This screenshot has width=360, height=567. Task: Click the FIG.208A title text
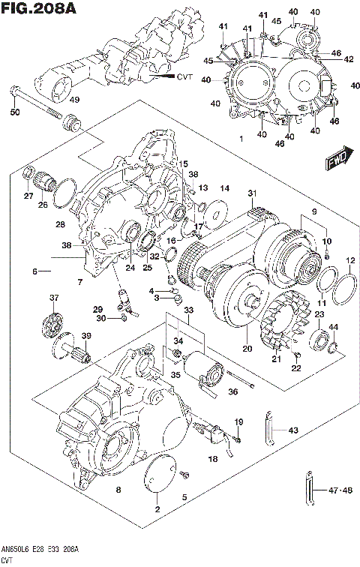pos(39,10)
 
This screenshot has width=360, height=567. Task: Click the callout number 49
pos(75,100)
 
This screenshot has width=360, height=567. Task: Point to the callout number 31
pos(252,193)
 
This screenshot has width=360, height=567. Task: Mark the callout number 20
pos(244,347)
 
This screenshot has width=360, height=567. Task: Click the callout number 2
pos(157,510)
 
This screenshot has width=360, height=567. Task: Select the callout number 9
pos(314,212)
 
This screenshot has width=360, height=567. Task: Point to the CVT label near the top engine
pos(184,77)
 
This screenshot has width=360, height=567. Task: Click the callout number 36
pos(233,391)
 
